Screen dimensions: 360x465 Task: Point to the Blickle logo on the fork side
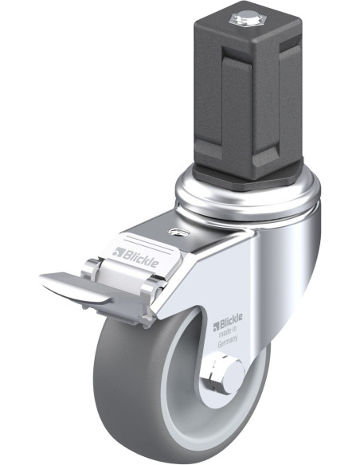tap(228, 322)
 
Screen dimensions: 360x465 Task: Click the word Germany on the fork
tap(228, 341)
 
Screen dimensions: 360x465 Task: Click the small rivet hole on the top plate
tap(178, 232)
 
